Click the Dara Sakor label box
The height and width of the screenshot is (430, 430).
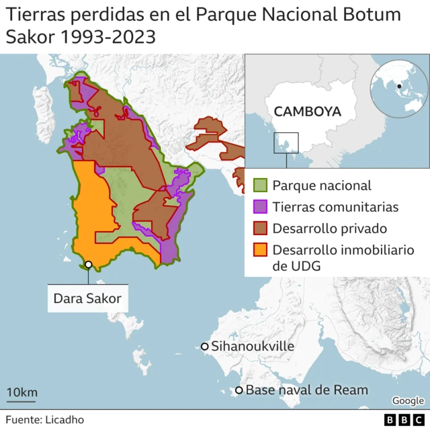[x=87, y=298]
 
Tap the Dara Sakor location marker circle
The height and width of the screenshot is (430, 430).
[x=88, y=265]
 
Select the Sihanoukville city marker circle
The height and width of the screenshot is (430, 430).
[x=204, y=347]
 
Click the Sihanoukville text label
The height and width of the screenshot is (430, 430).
[x=253, y=347]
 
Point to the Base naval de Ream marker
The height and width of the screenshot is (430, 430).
[x=239, y=390]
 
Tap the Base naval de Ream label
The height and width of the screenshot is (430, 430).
[x=306, y=390]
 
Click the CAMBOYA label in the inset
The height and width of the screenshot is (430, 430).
[x=308, y=111]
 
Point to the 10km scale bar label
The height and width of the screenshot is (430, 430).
[x=21, y=392]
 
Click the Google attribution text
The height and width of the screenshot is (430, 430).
[x=408, y=401]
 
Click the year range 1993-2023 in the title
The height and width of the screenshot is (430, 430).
[x=109, y=37]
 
